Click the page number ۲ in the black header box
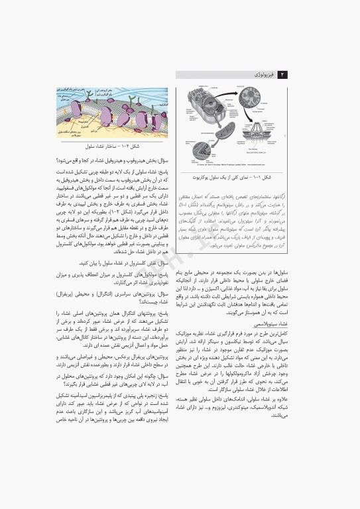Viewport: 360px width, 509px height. (x=283, y=75)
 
